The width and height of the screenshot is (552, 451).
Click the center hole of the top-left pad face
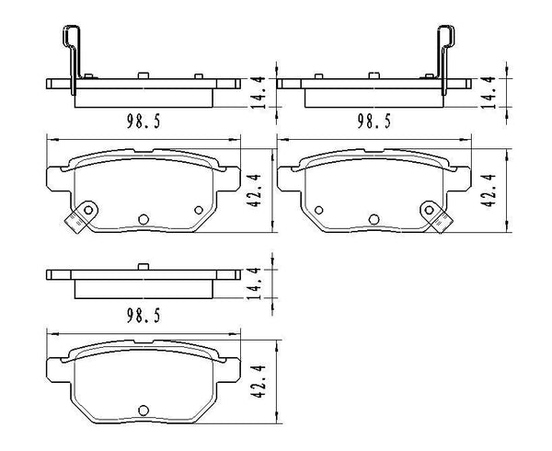click(x=143, y=219)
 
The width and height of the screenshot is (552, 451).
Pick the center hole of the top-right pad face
click(x=374, y=219)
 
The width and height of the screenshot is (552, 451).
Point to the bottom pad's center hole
click(x=143, y=411)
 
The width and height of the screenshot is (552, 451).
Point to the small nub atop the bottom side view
click(x=143, y=267)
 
